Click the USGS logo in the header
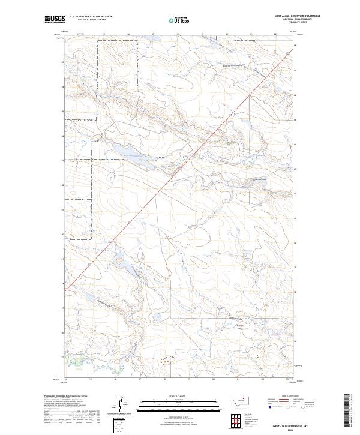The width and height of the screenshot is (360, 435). point(55,19)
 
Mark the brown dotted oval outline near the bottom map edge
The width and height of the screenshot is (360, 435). point(166,361)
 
